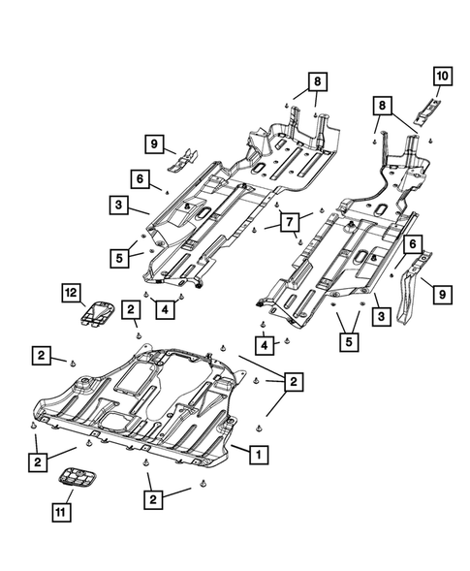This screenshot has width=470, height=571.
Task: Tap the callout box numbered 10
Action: tap(441, 75)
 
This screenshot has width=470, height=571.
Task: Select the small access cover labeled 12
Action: tap(96, 313)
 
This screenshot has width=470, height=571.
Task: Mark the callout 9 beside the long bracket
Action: tap(442, 293)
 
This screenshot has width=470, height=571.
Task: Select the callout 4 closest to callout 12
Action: tap(167, 309)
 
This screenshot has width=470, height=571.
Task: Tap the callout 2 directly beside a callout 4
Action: tap(131, 309)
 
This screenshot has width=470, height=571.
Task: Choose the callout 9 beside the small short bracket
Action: tap(153, 145)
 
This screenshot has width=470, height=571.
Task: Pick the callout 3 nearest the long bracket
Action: tap(382, 316)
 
